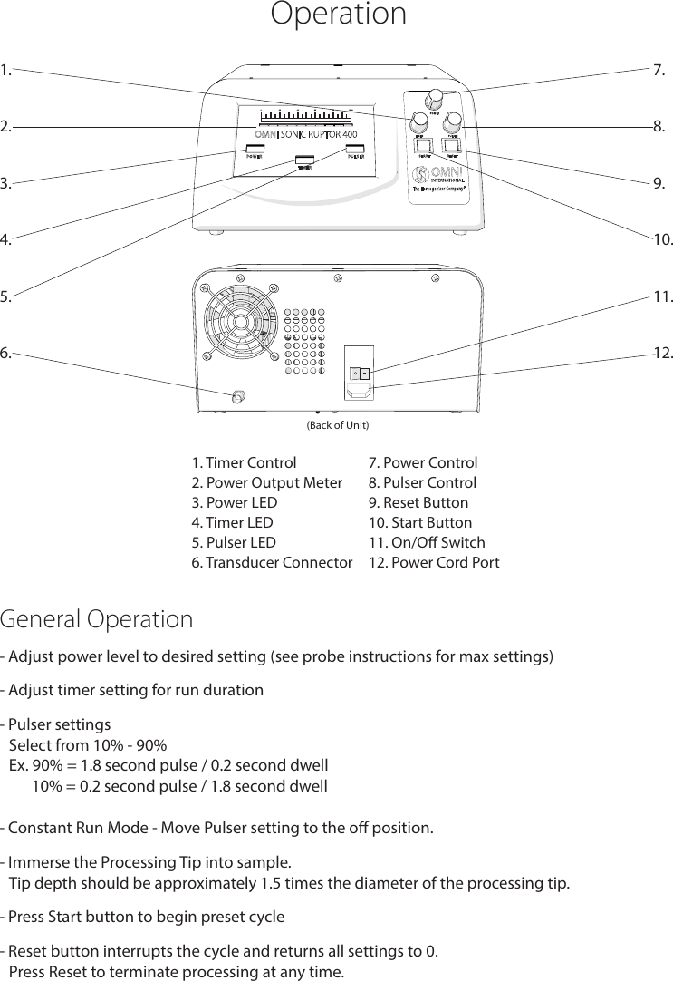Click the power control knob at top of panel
pyautogui.click(x=434, y=98)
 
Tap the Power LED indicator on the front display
pyautogui.click(x=255, y=149)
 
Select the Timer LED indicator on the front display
pyautogui.click(x=304, y=161)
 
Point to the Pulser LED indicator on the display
pyautogui.click(x=355, y=149)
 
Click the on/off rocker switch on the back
pyautogui.click(x=361, y=373)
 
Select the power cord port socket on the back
pyautogui.click(x=360, y=391)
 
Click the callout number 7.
pyautogui.click(x=659, y=70)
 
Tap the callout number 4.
pyautogui.click(x=6, y=240)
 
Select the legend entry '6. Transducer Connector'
pyautogui.click(x=272, y=563)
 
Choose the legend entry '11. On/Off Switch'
pyautogui.click(x=427, y=543)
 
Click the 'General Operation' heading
pyautogui.click(x=97, y=620)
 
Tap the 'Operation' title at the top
pyautogui.click(x=338, y=15)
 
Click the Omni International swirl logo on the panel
pyautogui.click(x=421, y=173)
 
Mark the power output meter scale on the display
pyautogui.click(x=305, y=116)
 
